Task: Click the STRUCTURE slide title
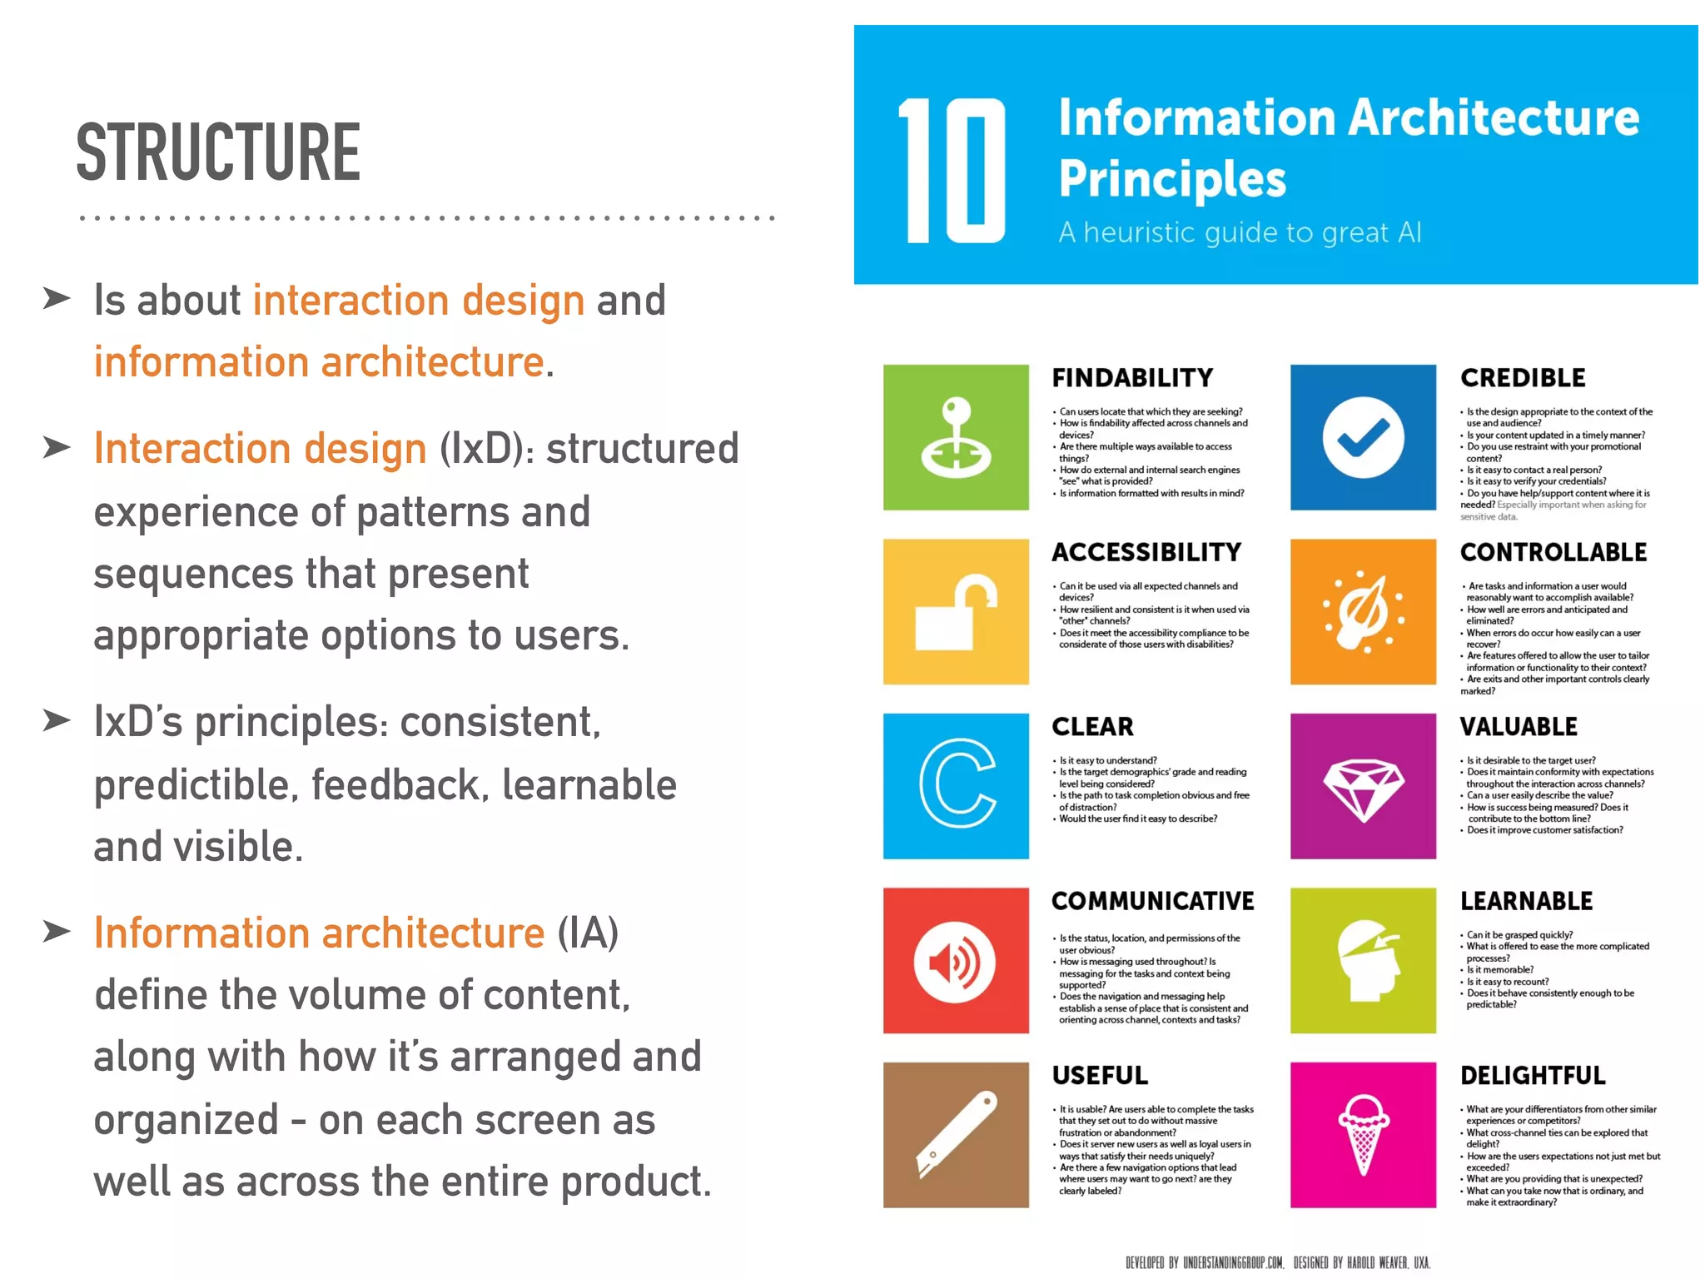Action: pyautogui.click(x=218, y=152)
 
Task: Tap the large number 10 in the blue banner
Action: pyautogui.click(x=952, y=171)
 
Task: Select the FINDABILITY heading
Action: pyautogui.click(x=1132, y=378)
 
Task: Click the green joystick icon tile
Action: pyautogui.click(x=956, y=437)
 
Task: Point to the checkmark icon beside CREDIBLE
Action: pyautogui.click(x=1363, y=437)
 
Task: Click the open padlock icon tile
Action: pyautogui.click(x=956, y=612)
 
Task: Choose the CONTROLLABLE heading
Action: pyautogui.click(x=1553, y=552)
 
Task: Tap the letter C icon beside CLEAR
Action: pyautogui.click(x=956, y=785)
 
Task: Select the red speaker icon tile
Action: pyautogui.click(x=956, y=961)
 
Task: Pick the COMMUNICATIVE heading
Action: pyautogui.click(x=1152, y=901)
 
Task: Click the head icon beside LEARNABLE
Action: pyautogui.click(x=1363, y=961)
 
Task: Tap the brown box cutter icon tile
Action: pyautogui.click(x=956, y=1135)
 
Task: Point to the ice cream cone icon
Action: pyautogui.click(x=1363, y=1135)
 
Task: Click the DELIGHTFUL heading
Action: pyautogui.click(x=1532, y=1076)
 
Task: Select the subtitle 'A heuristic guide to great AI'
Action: pyautogui.click(x=1239, y=232)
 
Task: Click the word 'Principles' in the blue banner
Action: pyautogui.click(x=1172, y=179)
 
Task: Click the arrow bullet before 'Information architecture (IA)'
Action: pyautogui.click(x=57, y=931)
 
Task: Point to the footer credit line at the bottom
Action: pyautogui.click(x=1277, y=1262)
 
